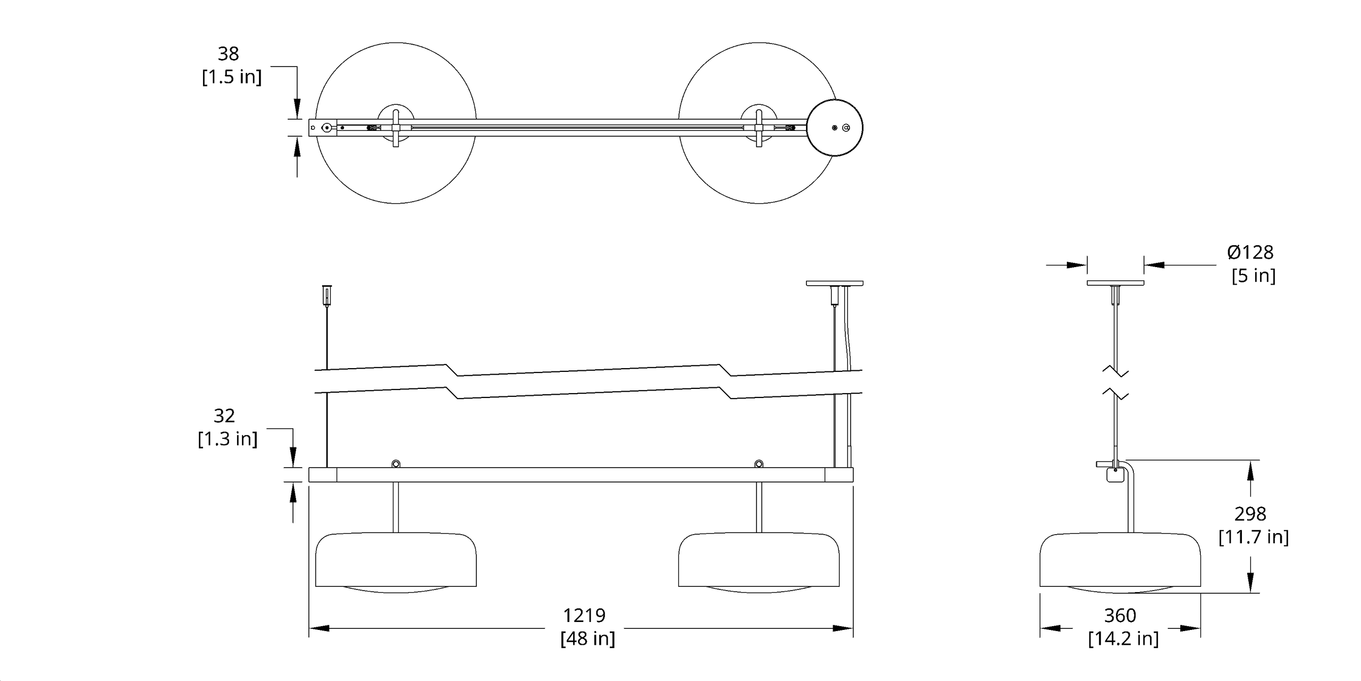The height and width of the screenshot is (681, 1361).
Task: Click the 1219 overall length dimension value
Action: [584, 616]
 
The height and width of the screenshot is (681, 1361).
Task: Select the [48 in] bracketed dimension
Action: [587, 638]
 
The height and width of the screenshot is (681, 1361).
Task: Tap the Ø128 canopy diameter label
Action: [1250, 252]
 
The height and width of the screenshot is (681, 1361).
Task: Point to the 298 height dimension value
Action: [1250, 514]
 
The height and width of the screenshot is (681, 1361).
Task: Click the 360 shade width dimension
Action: [1120, 616]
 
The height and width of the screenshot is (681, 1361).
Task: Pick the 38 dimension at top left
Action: [229, 54]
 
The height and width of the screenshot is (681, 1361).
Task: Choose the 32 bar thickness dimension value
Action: [224, 416]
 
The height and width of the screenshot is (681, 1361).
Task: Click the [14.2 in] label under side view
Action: [1123, 638]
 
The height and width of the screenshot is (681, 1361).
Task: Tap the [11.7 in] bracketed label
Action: [1254, 537]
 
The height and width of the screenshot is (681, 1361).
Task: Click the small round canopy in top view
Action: [835, 128]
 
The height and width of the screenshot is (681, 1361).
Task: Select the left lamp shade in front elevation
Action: [396, 561]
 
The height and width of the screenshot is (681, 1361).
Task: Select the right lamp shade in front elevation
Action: [759, 561]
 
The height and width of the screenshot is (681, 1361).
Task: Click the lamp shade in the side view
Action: [1120, 561]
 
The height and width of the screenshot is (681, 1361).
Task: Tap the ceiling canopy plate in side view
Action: [1115, 283]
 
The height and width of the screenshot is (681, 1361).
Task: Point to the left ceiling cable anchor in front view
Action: [327, 294]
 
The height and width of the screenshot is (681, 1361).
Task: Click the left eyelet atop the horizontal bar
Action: [396, 463]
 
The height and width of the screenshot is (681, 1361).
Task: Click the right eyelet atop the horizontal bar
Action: [759, 463]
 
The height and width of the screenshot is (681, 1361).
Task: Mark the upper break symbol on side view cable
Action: [1115, 371]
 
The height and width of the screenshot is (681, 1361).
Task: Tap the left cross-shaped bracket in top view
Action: [396, 128]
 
